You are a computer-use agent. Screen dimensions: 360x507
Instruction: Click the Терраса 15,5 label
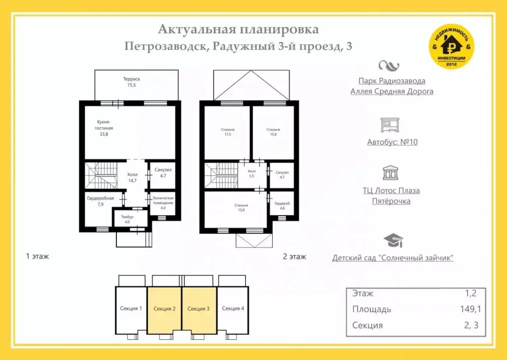131,82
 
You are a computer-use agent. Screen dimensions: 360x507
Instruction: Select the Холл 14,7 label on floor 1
132,178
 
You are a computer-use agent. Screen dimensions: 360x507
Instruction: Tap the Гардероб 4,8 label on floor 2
282,206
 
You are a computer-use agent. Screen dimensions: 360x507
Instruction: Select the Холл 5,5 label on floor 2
252,174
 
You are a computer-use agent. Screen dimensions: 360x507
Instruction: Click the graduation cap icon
393,240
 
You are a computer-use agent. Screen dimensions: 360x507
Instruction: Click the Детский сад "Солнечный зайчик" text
393,258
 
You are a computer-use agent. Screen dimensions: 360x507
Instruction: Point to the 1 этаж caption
37,256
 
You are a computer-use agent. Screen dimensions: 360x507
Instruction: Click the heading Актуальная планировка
238,30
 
